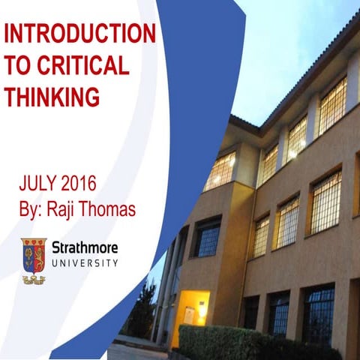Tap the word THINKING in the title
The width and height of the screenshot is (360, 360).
coord(52,96)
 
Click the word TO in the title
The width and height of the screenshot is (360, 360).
coord(18,65)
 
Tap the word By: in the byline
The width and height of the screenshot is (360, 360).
coord(31,208)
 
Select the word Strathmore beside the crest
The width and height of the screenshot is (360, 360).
coord(85,247)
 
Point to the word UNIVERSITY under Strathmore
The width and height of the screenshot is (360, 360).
coord(85,263)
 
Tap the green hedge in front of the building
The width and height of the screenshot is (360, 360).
coord(225,341)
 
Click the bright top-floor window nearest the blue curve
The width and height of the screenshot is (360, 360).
coord(220,171)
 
